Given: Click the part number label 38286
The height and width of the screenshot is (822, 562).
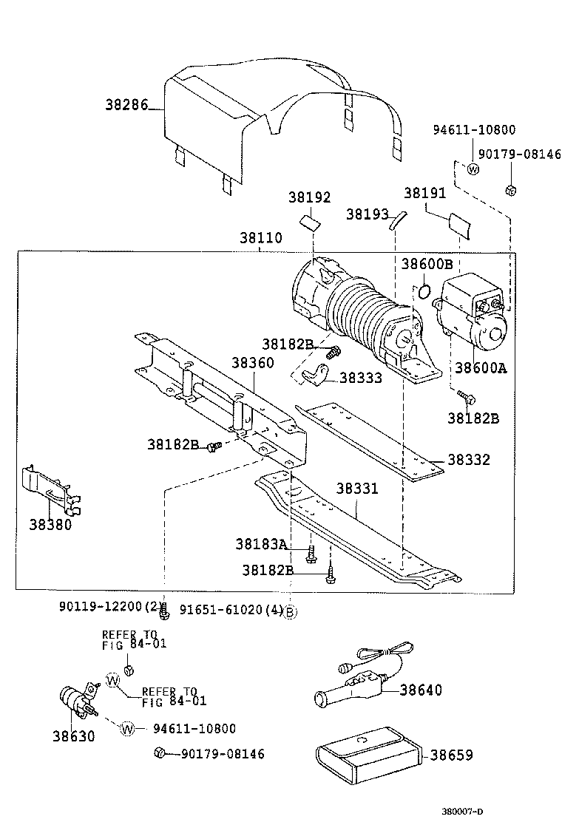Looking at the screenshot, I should click(127, 106).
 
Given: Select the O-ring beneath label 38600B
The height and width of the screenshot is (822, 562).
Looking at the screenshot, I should click(424, 291).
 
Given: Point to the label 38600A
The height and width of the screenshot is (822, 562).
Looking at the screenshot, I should click(480, 368).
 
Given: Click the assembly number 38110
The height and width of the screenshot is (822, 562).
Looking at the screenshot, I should click(260, 240).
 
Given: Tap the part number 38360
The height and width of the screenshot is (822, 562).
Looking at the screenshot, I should click(252, 363).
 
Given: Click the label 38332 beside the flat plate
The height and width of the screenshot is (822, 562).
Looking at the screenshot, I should click(469, 460).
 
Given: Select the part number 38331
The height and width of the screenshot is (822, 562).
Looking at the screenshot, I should click(357, 489).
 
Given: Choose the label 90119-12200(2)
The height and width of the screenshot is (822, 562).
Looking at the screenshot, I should click(109, 607).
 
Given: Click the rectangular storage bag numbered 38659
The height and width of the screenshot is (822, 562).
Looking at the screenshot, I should click(367, 755).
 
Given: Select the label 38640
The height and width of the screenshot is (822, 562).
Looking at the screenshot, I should click(421, 690).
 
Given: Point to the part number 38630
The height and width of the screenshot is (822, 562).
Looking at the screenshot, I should click(73, 736).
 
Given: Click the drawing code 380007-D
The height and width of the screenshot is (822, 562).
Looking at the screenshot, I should click(526, 811).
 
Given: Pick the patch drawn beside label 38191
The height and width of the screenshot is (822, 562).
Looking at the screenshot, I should click(458, 225).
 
